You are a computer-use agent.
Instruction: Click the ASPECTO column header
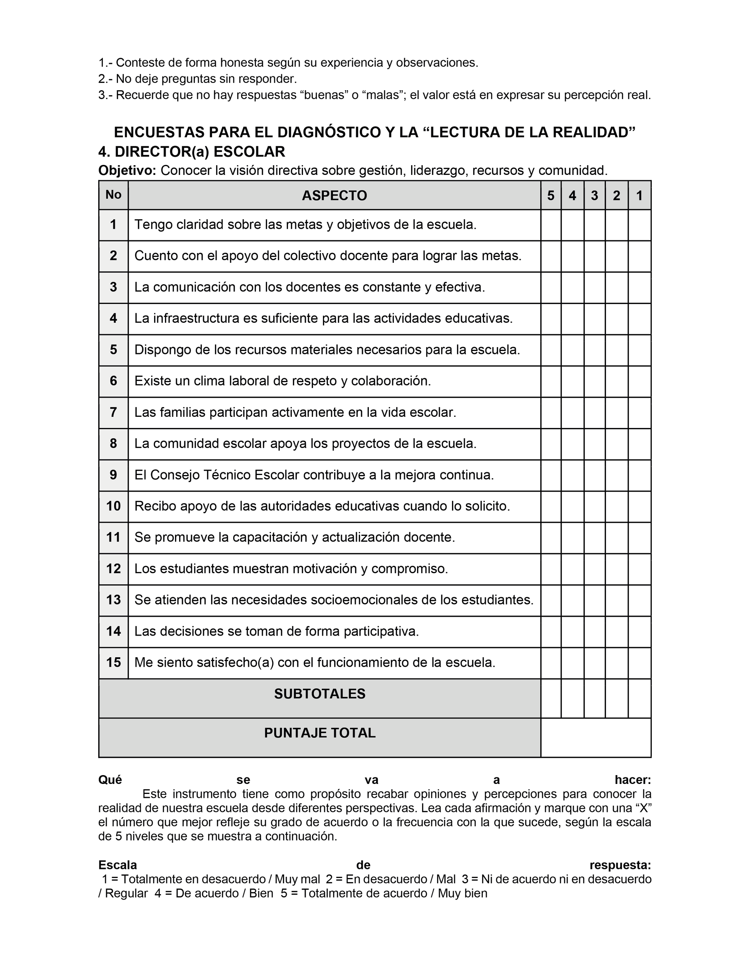point(334,195)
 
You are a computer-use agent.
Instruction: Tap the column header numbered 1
point(639,195)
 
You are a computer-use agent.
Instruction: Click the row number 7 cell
point(113,413)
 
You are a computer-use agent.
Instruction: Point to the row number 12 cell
point(113,569)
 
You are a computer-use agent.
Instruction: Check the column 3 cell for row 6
point(595,381)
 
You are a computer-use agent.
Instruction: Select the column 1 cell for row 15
point(639,663)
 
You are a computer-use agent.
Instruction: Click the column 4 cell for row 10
point(572,506)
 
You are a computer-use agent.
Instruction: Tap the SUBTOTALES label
point(320,694)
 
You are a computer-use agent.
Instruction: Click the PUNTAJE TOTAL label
point(320,733)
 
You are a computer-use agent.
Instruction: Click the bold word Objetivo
point(127,171)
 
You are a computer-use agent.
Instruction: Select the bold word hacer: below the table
point(633,780)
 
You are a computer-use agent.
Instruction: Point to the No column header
point(113,195)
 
